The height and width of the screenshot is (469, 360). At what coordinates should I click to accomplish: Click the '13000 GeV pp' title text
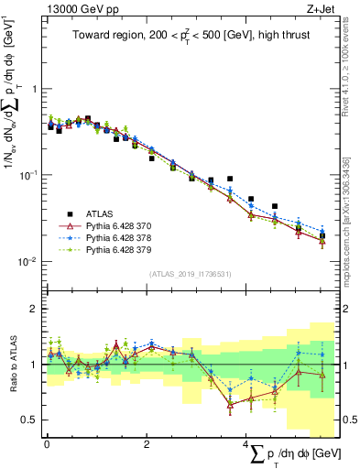click(x=77, y=8)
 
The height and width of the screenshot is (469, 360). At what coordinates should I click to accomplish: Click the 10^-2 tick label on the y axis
click(x=29, y=261)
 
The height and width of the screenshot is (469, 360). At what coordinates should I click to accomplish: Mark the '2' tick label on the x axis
click(x=147, y=443)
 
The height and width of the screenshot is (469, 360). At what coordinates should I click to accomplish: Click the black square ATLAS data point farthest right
click(x=322, y=236)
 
